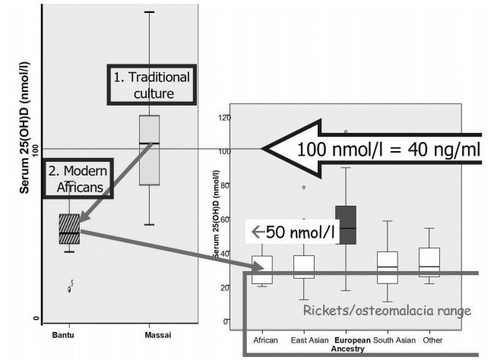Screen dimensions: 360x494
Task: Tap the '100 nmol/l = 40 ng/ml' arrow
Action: point(372,149)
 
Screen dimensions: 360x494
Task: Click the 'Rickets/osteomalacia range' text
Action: point(387,310)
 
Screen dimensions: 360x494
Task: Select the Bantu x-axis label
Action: point(63,335)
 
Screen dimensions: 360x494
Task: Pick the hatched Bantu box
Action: point(69,229)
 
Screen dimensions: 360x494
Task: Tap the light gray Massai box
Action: point(149,150)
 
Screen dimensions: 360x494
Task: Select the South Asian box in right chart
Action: point(388,267)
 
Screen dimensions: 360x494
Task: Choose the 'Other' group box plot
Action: point(429,262)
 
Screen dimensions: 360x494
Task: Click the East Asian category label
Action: point(309,340)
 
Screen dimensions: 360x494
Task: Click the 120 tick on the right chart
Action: point(223,118)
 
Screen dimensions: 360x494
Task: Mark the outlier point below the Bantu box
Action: point(70,288)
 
